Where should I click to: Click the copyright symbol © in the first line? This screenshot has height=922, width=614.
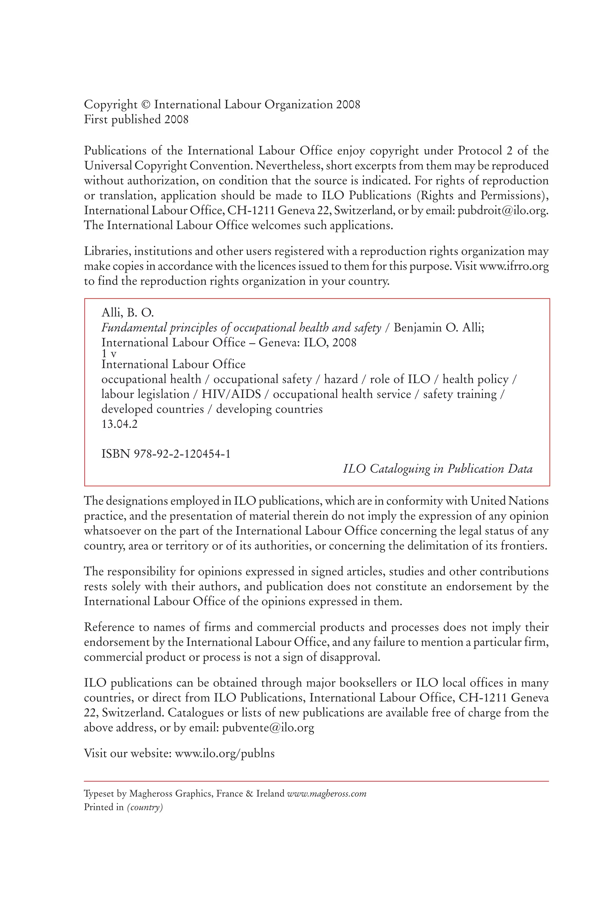[x=146, y=105]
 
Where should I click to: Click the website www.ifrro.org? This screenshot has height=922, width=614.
[x=514, y=267]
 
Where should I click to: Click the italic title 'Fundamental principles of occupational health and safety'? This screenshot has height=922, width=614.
[x=241, y=328]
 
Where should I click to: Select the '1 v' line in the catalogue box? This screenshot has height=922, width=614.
[x=109, y=354]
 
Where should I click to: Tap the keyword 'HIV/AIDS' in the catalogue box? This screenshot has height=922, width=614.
[x=231, y=394]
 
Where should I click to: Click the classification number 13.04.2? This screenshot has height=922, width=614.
[x=119, y=424]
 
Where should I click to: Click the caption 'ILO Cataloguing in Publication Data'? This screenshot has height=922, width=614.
[x=437, y=469]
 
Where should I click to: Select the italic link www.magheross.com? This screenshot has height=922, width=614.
[x=326, y=794]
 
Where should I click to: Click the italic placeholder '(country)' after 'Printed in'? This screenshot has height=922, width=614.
[x=145, y=807]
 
